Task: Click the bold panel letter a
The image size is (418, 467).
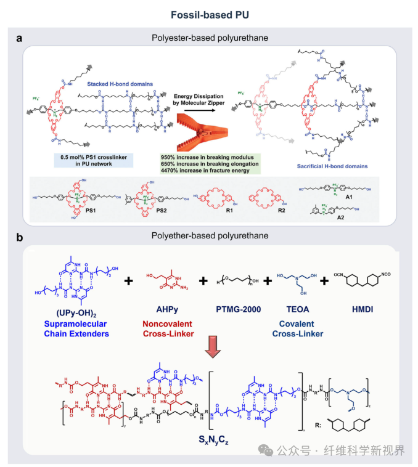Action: click(x=20, y=38)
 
